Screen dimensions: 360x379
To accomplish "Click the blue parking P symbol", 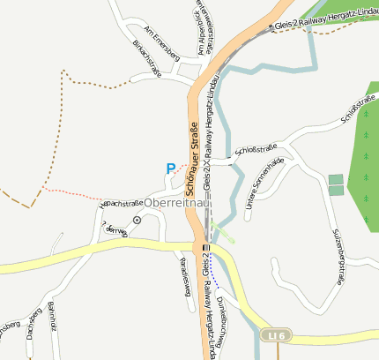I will click(170, 168).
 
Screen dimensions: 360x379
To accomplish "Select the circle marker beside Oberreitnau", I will click(137, 219).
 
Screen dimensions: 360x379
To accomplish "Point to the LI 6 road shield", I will click(275, 335).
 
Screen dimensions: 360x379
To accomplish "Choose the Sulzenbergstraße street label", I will click(338, 256).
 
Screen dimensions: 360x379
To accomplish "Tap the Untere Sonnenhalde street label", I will click(264, 183).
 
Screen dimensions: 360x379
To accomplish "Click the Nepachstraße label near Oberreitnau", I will click(123, 200).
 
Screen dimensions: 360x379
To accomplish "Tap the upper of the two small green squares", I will click(336, 179).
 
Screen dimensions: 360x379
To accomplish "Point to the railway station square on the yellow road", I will click(205, 248).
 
